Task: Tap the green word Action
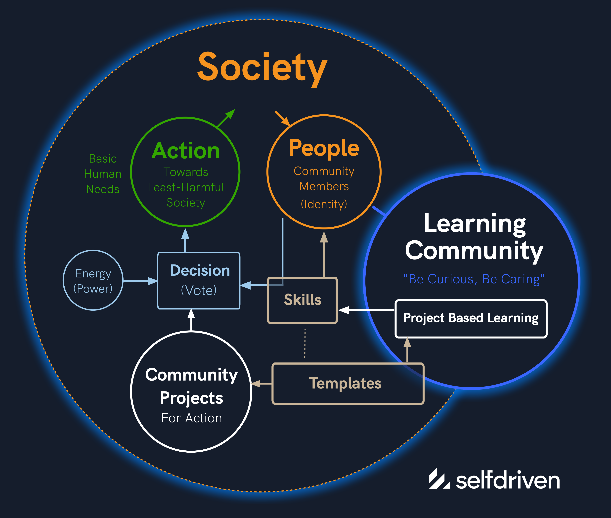pos(186,151)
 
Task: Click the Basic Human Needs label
pos(103,174)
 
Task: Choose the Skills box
pos(302,300)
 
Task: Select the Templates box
pos(348,384)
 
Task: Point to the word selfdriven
pos(508,480)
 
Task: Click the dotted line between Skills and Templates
pos(305,344)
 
